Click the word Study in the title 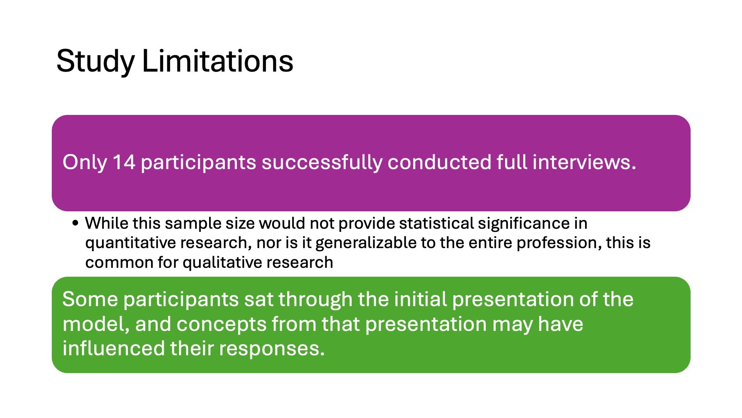coord(95,62)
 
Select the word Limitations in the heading coord(218,61)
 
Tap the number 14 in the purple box coord(124,162)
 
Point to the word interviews coord(584,162)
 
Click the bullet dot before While coord(75,223)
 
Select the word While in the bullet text coord(106,223)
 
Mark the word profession coord(558,243)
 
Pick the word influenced coord(114,348)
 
